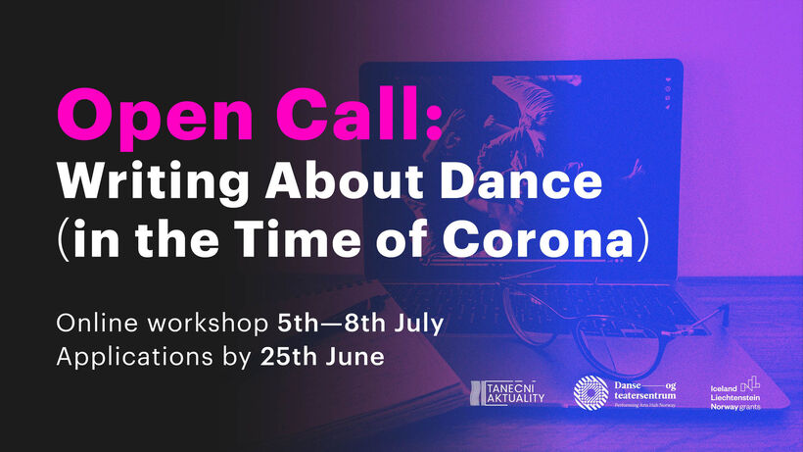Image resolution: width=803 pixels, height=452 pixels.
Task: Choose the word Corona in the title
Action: pos(539,240)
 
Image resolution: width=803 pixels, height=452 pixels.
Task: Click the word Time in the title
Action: pos(298,239)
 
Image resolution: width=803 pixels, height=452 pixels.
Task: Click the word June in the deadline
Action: pos(354,357)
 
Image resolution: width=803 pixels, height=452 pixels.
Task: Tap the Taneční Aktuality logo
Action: pos(507,393)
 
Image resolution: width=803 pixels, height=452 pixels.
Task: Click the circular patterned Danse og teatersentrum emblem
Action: pos(590,393)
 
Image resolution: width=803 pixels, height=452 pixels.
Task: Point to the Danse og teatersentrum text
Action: pos(644,393)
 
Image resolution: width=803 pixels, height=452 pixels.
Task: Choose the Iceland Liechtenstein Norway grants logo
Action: pos(735,393)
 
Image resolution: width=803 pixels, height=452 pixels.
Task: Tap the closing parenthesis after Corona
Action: pos(643,240)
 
